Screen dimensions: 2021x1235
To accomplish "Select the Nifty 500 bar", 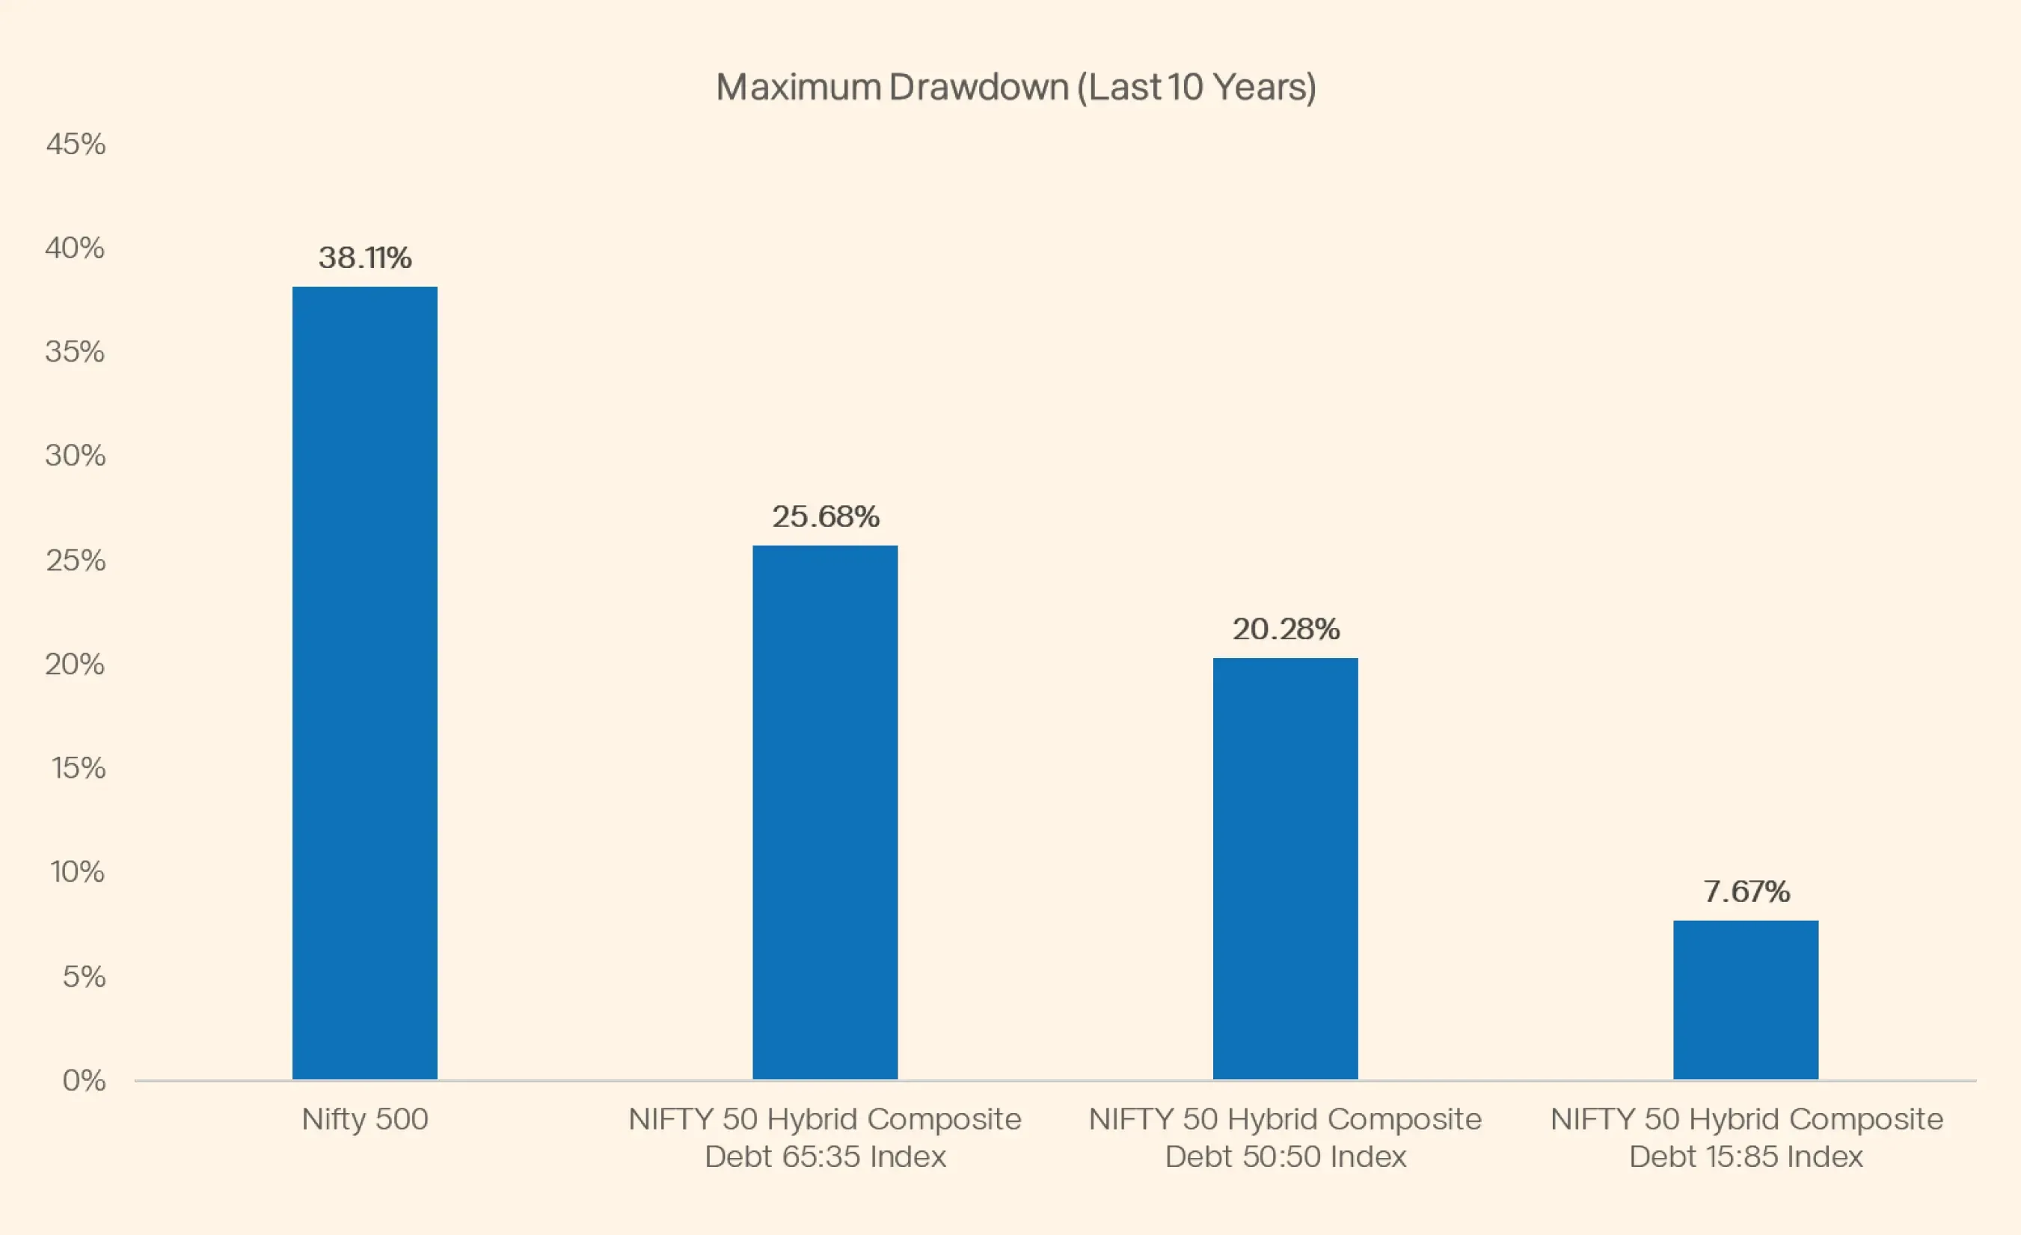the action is [365, 683].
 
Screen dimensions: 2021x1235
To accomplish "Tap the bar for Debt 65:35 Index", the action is [825, 812].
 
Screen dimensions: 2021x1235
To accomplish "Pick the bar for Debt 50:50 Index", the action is [1285, 868].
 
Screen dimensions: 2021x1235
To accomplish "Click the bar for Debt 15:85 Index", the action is [1746, 999].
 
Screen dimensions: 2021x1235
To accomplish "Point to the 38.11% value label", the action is [365, 257].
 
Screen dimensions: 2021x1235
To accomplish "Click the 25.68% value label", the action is [825, 516].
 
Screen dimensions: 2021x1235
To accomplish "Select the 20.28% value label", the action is [1285, 629].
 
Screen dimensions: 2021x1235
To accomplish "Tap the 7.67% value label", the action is [1746, 891].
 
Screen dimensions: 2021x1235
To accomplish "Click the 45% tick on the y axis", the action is [76, 144].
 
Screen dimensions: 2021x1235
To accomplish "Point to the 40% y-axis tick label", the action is [76, 248].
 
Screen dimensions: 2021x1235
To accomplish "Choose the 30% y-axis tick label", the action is [76, 455].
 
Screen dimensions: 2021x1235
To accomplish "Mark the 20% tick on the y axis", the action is [76, 664].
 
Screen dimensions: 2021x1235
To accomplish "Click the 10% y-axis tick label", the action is [78, 871].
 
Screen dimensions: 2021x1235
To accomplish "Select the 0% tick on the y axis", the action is [84, 1080].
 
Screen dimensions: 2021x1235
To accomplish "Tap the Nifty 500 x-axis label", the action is [365, 1119].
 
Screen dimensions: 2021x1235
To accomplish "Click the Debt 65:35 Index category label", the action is [825, 1138].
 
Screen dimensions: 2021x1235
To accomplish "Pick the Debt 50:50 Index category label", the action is [1285, 1138].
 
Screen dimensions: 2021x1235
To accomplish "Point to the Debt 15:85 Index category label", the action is [1746, 1138].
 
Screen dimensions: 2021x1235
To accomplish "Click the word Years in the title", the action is [1264, 88].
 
